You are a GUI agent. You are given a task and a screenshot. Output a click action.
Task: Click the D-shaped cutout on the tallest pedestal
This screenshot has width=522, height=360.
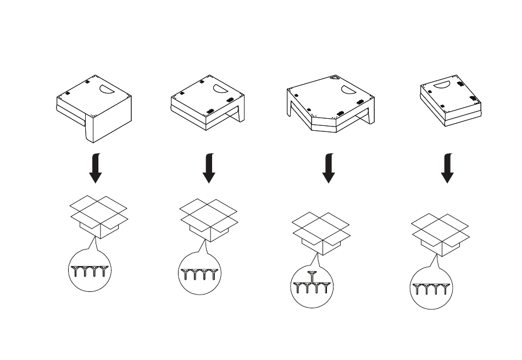point(105,87)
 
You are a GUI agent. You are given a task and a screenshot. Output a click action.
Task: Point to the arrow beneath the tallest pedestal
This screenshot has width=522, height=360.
point(95,168)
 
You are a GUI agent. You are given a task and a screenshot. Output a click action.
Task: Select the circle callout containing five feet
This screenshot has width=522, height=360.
point(312,286)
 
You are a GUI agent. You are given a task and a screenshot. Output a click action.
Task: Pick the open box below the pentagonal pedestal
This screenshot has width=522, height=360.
point(321,233)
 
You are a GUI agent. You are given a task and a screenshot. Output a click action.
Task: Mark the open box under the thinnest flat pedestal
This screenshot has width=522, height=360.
point(440,234)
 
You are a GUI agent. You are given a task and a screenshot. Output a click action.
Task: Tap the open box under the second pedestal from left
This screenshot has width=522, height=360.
point(209,219)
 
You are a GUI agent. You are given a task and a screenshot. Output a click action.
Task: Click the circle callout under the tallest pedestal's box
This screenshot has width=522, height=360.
point(90,270)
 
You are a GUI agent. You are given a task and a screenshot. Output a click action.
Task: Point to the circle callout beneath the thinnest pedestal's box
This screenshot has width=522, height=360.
point(432,287)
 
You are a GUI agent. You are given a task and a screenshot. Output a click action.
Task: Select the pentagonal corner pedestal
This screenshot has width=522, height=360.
point(330,104)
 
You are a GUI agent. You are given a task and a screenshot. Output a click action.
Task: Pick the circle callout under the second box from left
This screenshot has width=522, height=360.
point(201,274)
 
